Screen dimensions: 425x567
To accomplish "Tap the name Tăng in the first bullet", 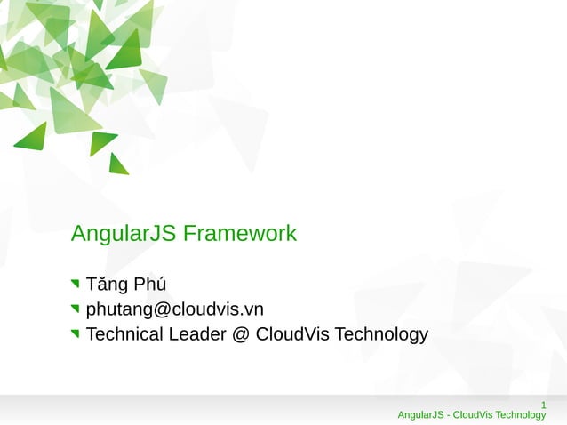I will (x=107, y=285).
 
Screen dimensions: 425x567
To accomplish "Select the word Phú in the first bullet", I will (x=150, y=285).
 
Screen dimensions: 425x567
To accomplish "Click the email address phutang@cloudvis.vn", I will (x=174, y=309).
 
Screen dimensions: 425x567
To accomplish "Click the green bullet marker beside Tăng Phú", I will (x=76, y=285).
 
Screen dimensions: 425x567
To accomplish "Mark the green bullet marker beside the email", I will (x=76, y=309).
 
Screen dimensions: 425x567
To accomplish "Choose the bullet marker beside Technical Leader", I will (x=76, y=334).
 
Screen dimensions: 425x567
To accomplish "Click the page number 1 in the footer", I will (x=543, y=405).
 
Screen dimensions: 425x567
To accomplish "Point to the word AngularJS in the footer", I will (x=420, y=415).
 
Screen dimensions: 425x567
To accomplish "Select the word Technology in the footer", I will (x=521, y=415).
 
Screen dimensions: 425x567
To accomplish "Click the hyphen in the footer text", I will (x=448, y=415).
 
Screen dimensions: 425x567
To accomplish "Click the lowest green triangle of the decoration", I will (x=117, y=164).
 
